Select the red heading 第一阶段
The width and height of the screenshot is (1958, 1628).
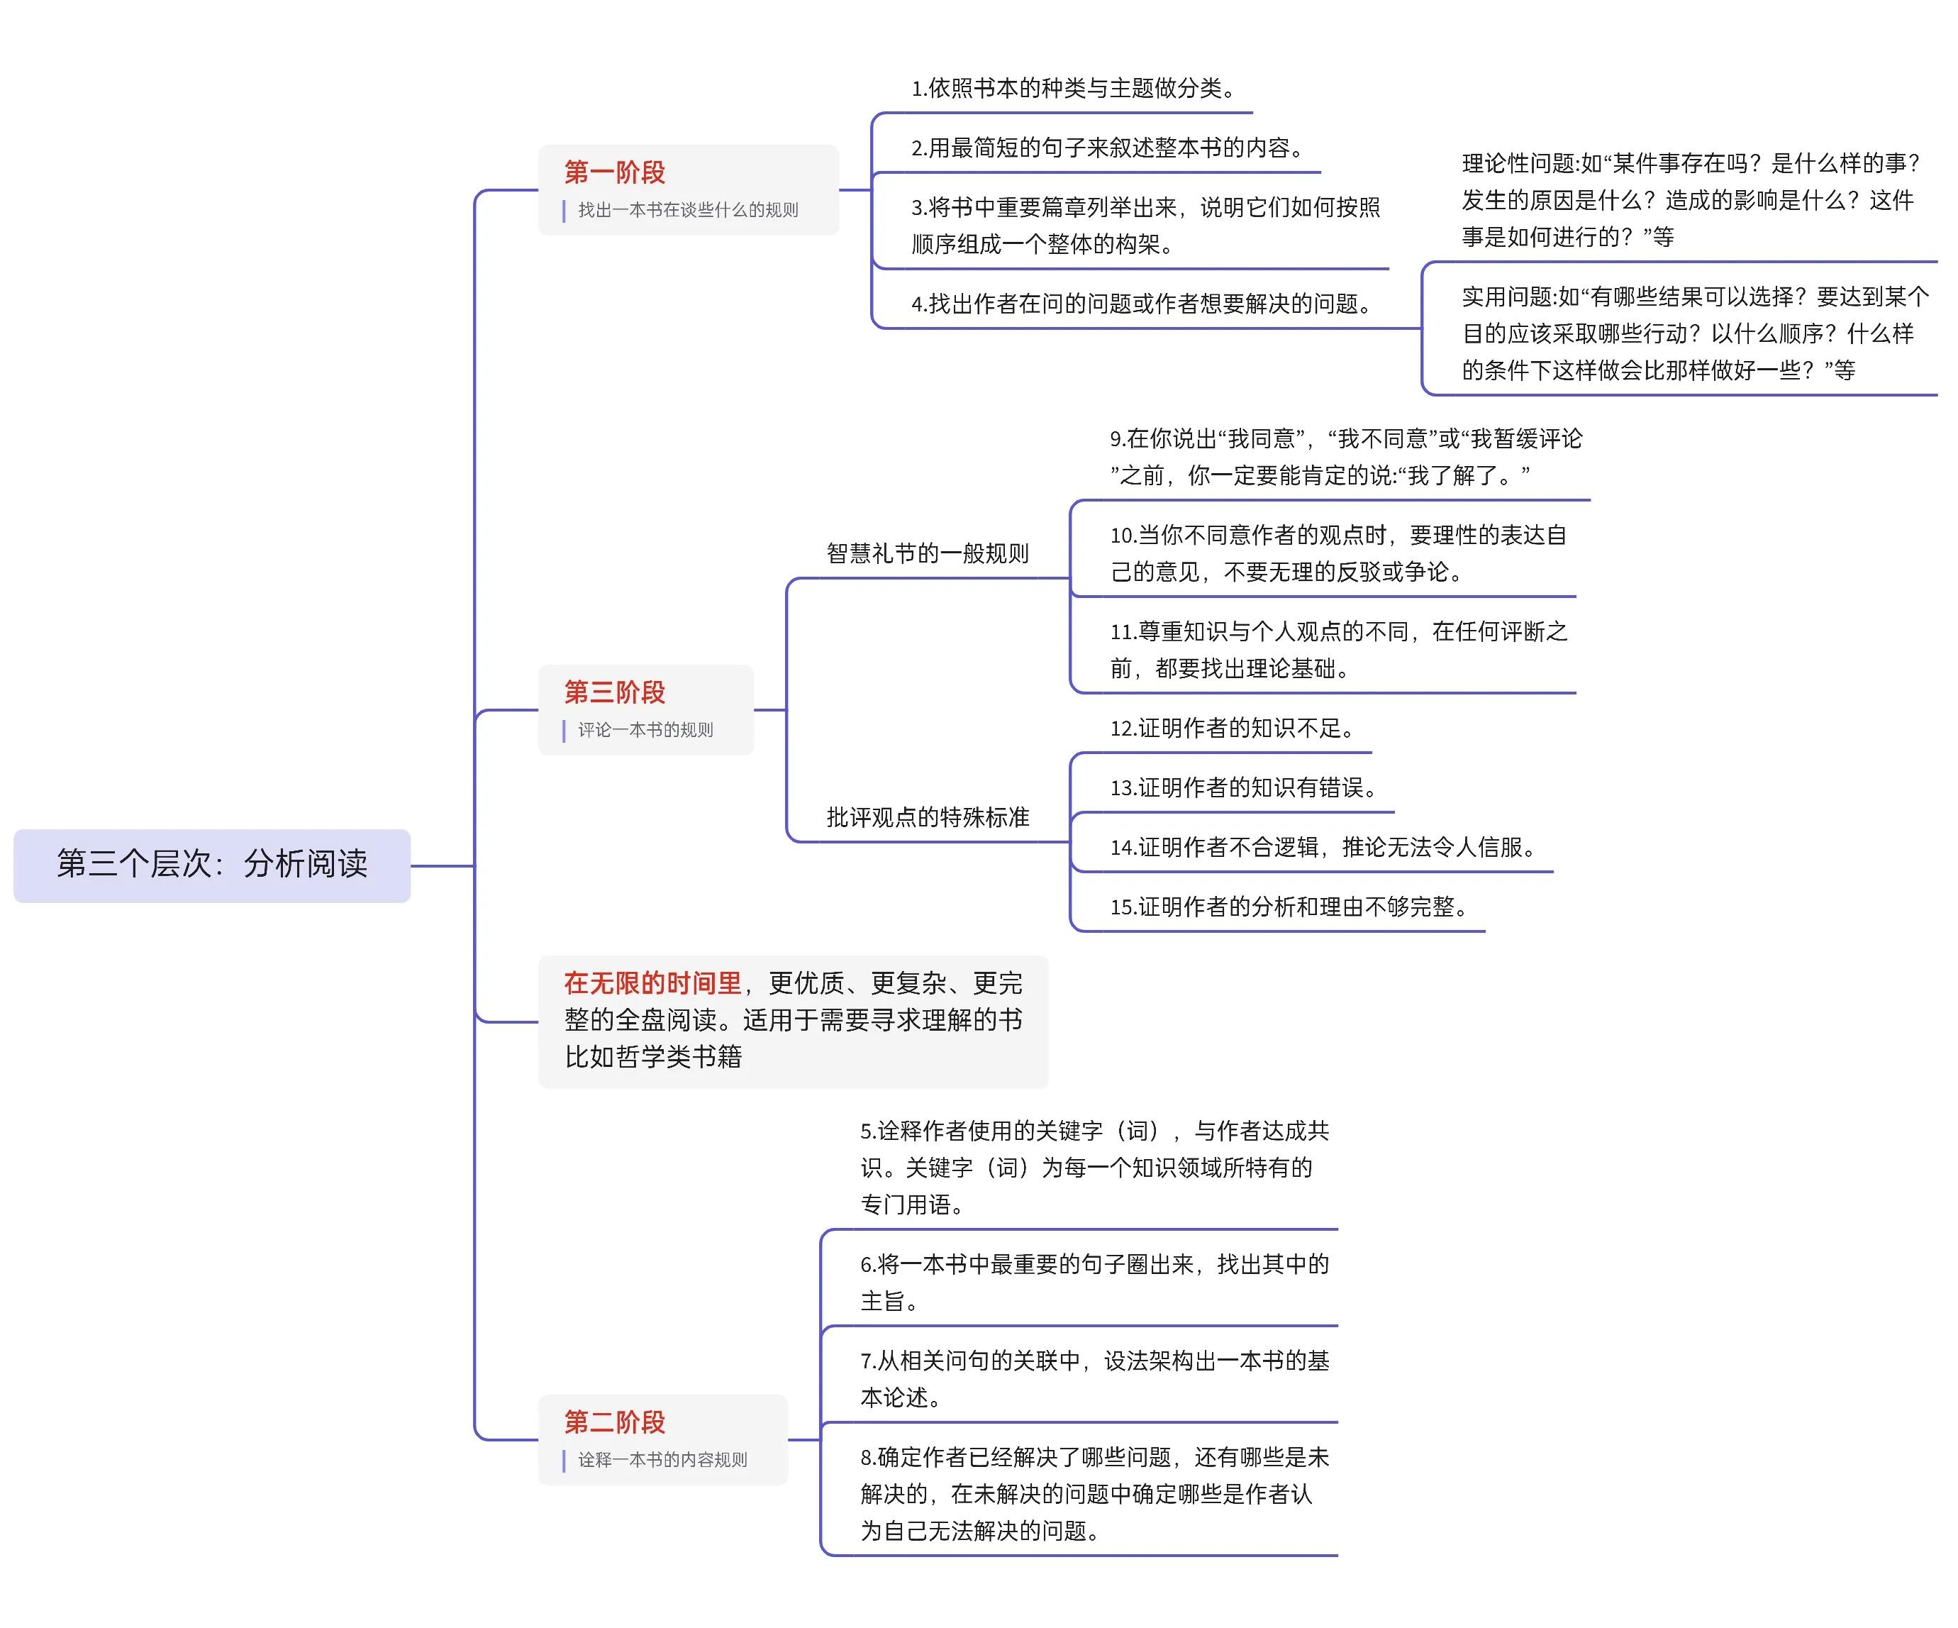pyautogui.click(x=614, y=172)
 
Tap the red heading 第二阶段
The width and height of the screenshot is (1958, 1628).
pyautogui.click(x=614, y=1422)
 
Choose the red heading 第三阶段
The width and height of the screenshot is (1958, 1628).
pyautogui.click(x=614, y=692)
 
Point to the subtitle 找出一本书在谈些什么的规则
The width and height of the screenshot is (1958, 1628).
pyautogui.click(x=688, y=210)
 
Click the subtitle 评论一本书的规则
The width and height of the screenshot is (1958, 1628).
pyautogui.click(x=645, y=729)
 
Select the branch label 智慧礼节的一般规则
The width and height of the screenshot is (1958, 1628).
pyautogui.click(x=928, y=553)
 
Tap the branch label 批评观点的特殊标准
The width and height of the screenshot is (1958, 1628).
pyautogui.click(x=928, y=816)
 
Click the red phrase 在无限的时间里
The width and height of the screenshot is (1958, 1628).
pyautogui.click(x=652, y=982)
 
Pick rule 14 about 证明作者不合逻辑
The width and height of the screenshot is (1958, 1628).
pyautogui.click(x=1324, y=847)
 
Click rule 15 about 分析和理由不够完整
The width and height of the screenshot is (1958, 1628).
pyautogui.click(x=1289, y=907)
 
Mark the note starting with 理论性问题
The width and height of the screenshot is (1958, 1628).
pyautogui.click(x=1691, y=199)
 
